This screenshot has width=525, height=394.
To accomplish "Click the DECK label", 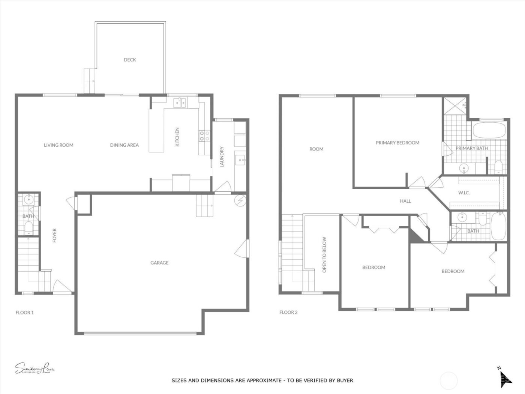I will [x=130, y=60].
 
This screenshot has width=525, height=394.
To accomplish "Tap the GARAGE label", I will [x=159, y=263].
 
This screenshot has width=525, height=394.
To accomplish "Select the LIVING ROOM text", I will [x=58, y=145].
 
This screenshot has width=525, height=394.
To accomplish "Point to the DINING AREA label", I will [x=124, y=145].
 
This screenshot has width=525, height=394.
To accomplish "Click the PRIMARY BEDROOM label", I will [x=397, y=143].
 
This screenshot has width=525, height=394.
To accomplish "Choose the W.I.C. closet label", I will [x=464, y=193].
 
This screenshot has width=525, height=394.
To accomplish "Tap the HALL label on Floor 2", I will [x=405, y=201].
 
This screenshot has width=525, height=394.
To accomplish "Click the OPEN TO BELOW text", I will [x=324, y=254].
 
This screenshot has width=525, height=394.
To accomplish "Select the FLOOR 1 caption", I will [x=25, y=312].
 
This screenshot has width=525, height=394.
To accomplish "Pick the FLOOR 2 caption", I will [x=288, y=312].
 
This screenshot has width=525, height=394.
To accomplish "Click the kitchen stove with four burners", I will [x=204, y=135].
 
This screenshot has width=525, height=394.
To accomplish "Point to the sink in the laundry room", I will [x=240, y=161].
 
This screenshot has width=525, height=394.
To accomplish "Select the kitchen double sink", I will [x=180, y=102].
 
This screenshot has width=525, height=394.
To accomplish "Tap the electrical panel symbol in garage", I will [x=240, y=201].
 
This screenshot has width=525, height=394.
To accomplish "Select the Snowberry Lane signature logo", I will [x=35, y=368].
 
